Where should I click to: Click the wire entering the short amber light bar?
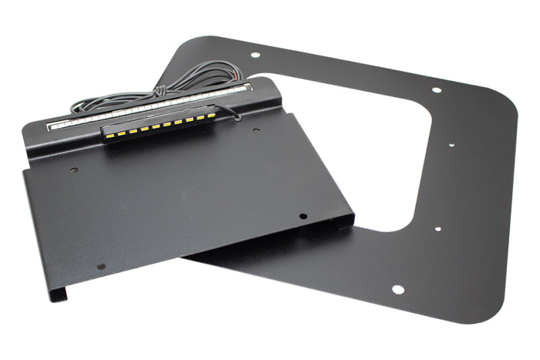(230, 111)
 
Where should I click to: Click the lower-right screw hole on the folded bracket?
(302, 217)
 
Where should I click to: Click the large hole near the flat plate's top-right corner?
(436, 90)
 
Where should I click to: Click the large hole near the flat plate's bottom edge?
(398, 290)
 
